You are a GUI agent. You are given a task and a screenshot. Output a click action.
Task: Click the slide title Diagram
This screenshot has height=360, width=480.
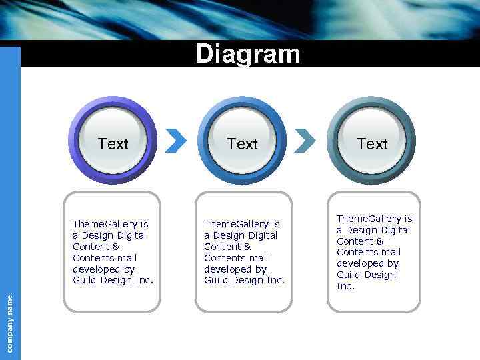click(x=247, y=54)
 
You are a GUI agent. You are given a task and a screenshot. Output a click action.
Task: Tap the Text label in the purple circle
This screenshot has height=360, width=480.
click(x=113, y=144)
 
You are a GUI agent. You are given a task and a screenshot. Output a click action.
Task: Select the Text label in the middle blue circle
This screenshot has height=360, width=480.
click(x=242, y=144)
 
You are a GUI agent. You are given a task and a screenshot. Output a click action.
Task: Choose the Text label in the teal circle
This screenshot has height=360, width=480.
click(x=372, y=144)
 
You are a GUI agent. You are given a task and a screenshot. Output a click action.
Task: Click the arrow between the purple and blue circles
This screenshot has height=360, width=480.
click(x=175, y=140)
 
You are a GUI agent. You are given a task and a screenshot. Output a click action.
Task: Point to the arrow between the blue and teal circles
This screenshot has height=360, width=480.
click(x=305, y=140)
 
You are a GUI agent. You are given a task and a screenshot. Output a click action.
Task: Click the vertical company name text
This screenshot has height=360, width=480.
click(x=10, y=323)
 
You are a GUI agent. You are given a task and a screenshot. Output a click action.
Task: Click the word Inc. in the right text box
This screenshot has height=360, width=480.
click(x=345, y=286)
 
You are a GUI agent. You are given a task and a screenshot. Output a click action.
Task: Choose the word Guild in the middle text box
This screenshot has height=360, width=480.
click(x=217, y=281)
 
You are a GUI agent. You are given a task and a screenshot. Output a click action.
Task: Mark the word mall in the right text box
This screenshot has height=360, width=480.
click(x=390, y=252)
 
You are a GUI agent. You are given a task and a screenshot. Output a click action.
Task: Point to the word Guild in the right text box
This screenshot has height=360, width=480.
click(x=349, y=275)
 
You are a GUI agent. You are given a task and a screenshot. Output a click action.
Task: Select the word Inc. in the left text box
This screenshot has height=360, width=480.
click(x=144, y=281)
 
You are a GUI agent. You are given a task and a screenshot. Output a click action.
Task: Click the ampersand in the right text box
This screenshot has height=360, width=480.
click(x=380, y=241)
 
